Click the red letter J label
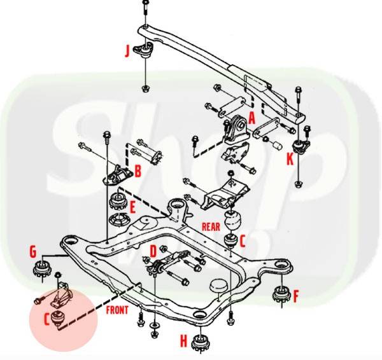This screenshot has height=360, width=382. tap(127, 51)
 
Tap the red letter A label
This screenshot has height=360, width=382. tap(251, 118)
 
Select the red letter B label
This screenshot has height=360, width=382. tap(138, 171)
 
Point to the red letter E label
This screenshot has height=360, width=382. tap(133, 208)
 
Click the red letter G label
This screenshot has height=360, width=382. tap(33, 251)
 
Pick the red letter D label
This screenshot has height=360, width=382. tap(153, 251)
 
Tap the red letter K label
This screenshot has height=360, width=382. tap(290, 160)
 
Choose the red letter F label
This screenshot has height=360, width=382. tap(296, 296)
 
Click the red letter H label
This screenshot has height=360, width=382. tap(184, 341)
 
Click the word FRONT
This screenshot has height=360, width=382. tap(117, 310)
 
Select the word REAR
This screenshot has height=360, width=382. tap(211, 227)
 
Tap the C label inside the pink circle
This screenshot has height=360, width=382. tap(46, 319)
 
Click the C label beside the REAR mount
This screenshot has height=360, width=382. tap(243, 242)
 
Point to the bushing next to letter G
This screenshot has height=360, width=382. tap(41, 268)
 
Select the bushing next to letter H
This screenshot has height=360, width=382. tap(201, 343)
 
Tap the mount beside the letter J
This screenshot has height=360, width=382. tap(145, 50)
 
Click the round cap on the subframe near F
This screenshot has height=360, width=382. tap(218, 286)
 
